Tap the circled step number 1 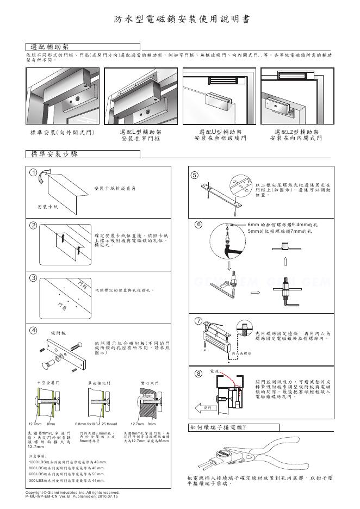[34, 173]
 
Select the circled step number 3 [34, 278]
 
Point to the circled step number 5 [196, 175]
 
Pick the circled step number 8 [198, 374]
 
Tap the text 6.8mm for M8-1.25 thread [95, 424]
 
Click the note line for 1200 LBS [67, 461]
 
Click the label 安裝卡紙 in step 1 [47, 208]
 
